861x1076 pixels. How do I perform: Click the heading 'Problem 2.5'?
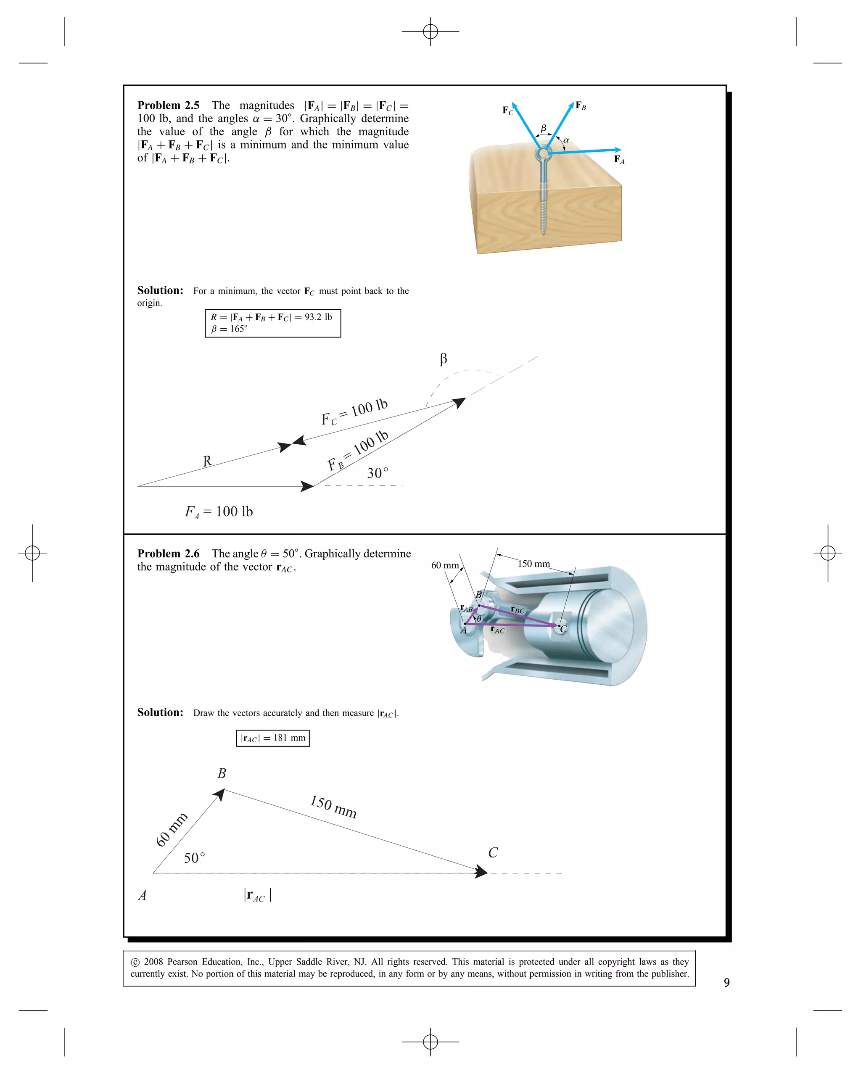(x=168, y=105)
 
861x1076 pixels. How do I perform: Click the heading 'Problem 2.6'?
(x=168, y=554)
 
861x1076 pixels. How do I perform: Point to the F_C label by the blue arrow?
(x=507, y=110)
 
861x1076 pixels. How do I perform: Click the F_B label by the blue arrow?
(x=581, y=105)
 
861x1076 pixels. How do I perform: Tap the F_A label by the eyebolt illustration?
(x=619, y=160)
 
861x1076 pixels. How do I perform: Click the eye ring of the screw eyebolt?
(x=543, y=153)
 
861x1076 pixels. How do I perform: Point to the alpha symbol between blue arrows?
(x=566, y=140)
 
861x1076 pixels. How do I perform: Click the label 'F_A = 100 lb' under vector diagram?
(x=219, y=512)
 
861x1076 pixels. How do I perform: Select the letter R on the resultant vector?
(x=207, y=461)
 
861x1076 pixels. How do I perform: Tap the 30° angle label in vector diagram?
(x=378, y=472)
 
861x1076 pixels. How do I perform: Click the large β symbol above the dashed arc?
(x=443, y=359)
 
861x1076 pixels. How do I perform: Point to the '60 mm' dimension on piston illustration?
(x=445, y=565)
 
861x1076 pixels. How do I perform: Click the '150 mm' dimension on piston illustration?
(x=533, y=564)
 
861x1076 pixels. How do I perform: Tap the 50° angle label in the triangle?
(x=194, y=858)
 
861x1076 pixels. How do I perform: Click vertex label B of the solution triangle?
(x=222, y=773)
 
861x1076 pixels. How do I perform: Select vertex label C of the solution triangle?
(x=493, y=852)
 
